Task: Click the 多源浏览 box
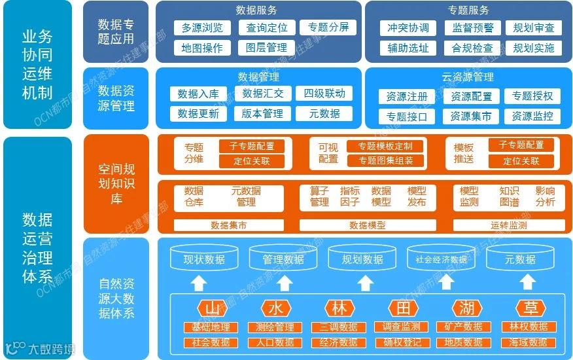[x=202, y=27]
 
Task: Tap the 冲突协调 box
[x=408, y=27]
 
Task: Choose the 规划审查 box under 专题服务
[x=534, y=27]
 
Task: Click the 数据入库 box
[x=198, y=94]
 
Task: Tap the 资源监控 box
[x=532, y=117]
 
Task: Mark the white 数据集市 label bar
[x=228, y=225]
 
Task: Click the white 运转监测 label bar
[x=508, y=225]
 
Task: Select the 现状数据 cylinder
[x=204, y=259]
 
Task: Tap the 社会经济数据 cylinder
[x=441, y=259]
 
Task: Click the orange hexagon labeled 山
[x=211, y=308]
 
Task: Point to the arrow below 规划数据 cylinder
[x=363, y=283]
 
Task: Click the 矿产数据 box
[x=463, y=327]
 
